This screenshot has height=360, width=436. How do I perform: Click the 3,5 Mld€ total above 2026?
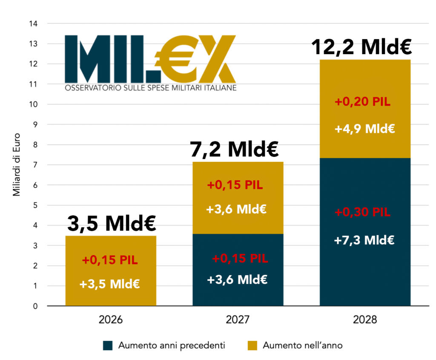pos(111,223)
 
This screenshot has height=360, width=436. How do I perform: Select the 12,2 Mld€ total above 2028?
pos(361,47)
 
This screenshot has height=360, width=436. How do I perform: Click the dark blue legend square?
pos(108,346)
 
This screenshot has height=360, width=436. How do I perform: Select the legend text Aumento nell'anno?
pos(302,346)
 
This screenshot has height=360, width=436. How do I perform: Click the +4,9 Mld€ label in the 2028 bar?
pos(365,128)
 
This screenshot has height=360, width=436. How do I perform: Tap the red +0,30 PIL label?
pos(362,213)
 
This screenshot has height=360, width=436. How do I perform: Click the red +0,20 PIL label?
pos(362,102)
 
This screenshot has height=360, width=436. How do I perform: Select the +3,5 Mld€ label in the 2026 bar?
pos(110,284)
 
